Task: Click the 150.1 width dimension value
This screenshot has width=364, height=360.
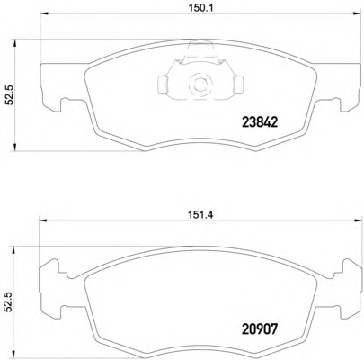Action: click(x=200, y=9)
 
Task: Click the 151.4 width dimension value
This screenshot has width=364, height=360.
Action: click(x=200, y=215)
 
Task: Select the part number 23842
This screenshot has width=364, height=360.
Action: click(x=260, y=122)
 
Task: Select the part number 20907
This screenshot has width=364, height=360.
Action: click(x=260, y=329)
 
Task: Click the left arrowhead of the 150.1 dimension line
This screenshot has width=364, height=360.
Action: click(x=44, y=13)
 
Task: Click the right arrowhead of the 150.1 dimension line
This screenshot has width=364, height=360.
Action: click(x=357, y=13)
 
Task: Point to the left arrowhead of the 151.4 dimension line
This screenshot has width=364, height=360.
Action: click(x=42, y=220)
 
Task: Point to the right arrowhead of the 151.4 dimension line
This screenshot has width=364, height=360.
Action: click(x=358, y=220)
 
